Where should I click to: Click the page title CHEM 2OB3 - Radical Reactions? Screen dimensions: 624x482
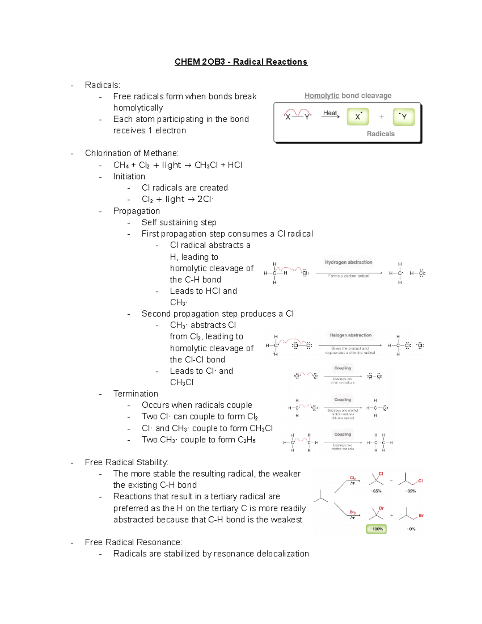pyautogui.click(x=241, y=62)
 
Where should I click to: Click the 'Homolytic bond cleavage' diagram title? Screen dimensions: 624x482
pyautogui.click(x=347, y=96)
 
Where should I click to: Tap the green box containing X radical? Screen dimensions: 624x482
pyautogui.click(x=357, y=117)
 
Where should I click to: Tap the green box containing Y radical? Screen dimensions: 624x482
pyautogui.click(x=403, y=117)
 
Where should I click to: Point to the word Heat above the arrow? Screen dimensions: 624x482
pyautogui.click(x=330, y=113)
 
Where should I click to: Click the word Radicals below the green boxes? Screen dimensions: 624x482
pyautogui.click(x=380, y=134)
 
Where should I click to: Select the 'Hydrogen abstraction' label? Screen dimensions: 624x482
pyautogui.click(x=348, y=262)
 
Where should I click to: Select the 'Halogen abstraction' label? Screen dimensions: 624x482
pyautogui.click(x=350, y=335)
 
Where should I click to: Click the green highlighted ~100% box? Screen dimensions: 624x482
pyautogui.click(x=376, y=529)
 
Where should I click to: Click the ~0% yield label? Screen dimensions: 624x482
pyautogui.click(x=411, y=529)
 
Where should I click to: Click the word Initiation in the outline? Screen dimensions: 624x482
pyautogui.click(x=129, y=176)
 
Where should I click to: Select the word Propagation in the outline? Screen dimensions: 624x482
pyautogui.click(x=136, y=211)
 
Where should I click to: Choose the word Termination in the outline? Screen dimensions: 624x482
pyautogui.click(x=135, y=394)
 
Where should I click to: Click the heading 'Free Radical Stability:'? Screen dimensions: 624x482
pyautogui.click(x=127, y=462)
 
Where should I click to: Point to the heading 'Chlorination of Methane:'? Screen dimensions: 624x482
pyautogui.click(x=132, y=153)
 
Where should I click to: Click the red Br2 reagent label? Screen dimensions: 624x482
pyautogui.click(x=352, y=512)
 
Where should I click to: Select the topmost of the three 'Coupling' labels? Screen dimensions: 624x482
pyautogui.click(x=342, y=368)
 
